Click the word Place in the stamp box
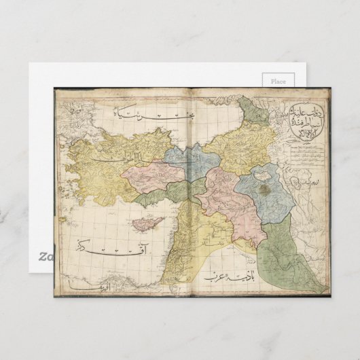click(278, 82)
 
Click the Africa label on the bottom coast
click(88, 291)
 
